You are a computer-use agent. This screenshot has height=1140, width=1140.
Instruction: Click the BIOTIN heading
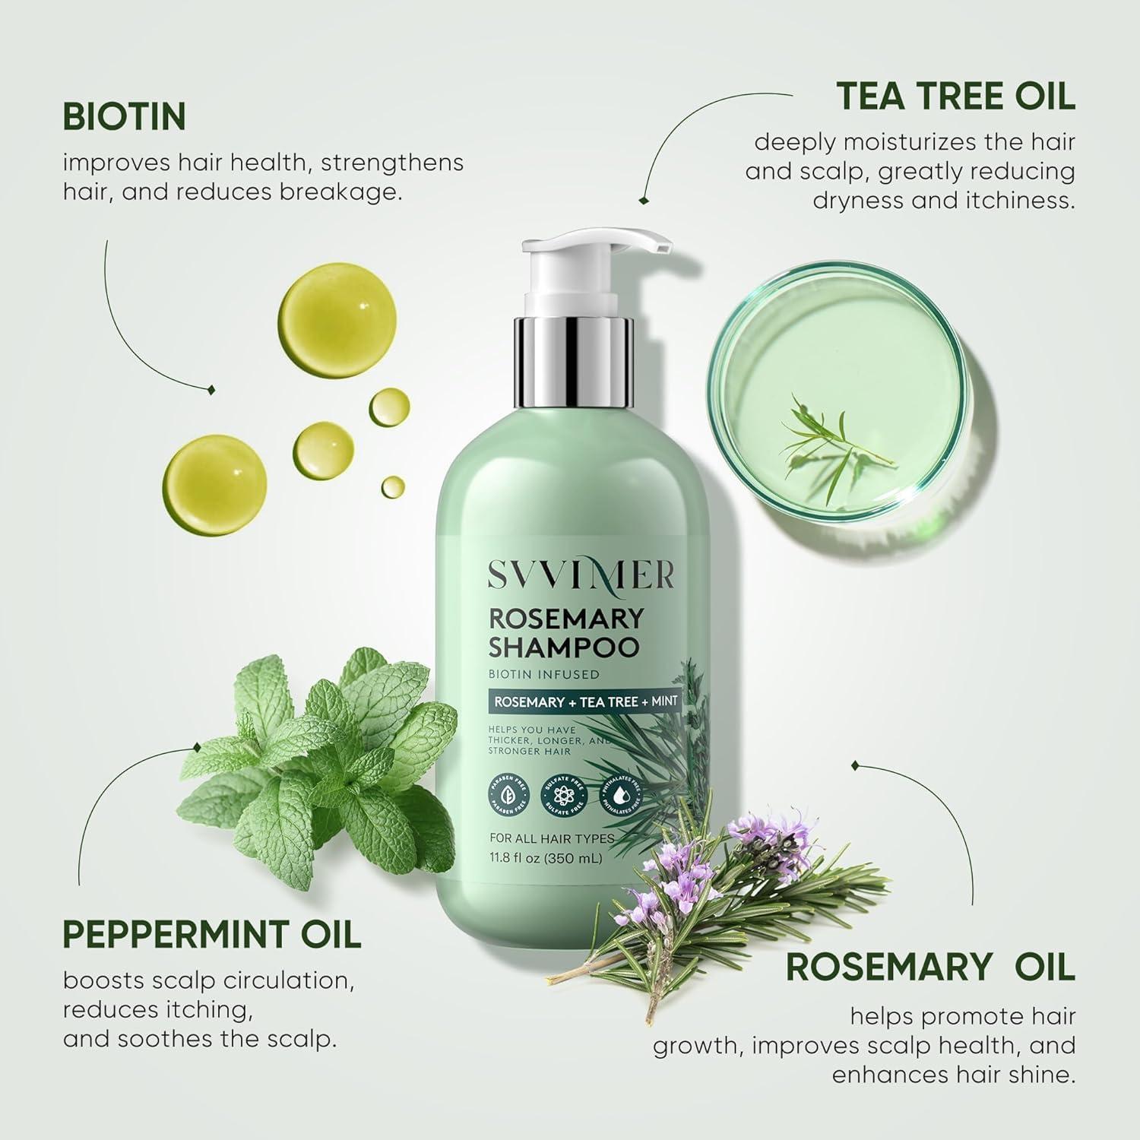[x=125, y=117]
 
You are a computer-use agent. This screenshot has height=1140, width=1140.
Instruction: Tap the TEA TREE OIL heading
[x=955, y=97]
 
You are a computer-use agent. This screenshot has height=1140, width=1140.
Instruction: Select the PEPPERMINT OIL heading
[x=212, y=934]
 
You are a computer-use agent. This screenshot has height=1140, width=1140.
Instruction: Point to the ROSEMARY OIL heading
[x=930, y=967]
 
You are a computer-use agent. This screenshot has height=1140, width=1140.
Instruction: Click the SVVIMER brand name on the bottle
[x=581, y=575]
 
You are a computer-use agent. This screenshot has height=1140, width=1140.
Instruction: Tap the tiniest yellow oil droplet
[x=393, y=486]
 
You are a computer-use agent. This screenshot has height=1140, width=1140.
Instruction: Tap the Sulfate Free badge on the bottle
[x=562, y=795]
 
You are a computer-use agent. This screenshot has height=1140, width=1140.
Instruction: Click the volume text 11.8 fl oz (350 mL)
[x=547, y=859]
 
